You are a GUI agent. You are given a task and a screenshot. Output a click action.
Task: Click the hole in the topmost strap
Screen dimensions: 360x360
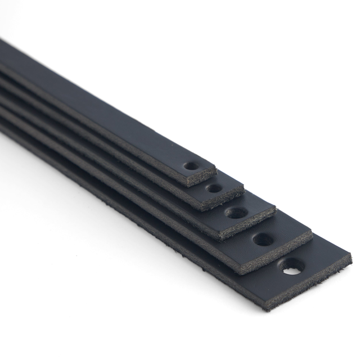pyautogui.click(x=192, y=167)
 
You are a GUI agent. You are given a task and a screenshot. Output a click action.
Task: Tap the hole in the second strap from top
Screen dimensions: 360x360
pyautogui.click(x=214, y=188)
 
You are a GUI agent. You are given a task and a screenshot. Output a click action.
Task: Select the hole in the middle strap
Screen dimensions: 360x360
pyautogui.click(x=236, y=213)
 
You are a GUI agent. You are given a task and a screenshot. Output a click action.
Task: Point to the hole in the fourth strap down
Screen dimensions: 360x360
pyautogui.click(x=264, y=240)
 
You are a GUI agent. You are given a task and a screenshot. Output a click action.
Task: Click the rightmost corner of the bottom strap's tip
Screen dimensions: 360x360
pyautogui.click(x=352, y=256)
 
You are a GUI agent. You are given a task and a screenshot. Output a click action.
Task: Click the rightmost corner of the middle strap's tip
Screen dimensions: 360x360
pyautogui.click(x=276, y=210)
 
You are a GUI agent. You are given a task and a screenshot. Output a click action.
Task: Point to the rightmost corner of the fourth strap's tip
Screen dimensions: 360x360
pyautogui.click(x=312, y=232)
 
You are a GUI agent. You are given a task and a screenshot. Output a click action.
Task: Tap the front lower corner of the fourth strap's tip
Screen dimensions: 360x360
pyautogui.click(x=247, y=269)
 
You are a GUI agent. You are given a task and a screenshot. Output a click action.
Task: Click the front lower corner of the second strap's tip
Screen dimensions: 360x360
pyautogui.click(x=201, y=210)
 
